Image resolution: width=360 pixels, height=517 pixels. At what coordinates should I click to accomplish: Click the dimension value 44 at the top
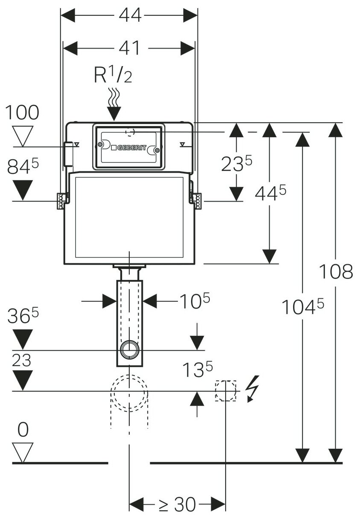(x=130, y=16)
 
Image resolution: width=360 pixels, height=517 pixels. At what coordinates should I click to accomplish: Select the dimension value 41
(x=130, y=48)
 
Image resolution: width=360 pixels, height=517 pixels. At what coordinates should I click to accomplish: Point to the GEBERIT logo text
(x=132, y=148)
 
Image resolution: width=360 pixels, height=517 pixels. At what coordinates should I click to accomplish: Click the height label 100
(x=22, y=113)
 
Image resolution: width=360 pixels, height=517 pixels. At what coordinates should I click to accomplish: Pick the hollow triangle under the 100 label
(x=23, y=136)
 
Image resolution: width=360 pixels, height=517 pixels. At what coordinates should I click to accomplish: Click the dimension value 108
(x=336, y=271)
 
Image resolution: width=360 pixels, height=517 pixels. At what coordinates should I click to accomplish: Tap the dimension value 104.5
(x=303, y=307)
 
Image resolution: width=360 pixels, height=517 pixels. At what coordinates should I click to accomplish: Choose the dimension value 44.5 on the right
(x=270, y=193)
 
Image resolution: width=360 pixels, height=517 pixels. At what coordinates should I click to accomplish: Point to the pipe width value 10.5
(x=194, y=301)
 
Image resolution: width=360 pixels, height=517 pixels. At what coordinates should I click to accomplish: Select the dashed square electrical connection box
(x=226, y=390)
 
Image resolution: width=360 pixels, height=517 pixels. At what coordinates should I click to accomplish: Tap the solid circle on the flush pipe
(x=129, y=350)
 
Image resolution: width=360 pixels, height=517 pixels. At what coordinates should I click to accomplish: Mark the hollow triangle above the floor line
(x=23, y=452)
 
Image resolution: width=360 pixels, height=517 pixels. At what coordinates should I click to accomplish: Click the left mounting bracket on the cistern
(x=62, y=200)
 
